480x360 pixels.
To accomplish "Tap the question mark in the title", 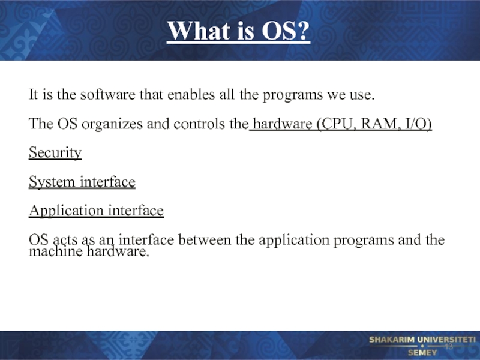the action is coord(303,31).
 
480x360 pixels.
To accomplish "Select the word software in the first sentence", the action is coord(107,94).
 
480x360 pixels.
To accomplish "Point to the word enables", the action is coord(191,94).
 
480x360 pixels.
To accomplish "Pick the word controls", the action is coord(199,124).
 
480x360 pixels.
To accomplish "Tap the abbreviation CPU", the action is coord(338,124).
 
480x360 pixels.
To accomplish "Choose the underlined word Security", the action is coord(55,152).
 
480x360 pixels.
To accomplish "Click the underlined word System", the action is coord(52,182).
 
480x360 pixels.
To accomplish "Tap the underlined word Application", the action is coord(67,211).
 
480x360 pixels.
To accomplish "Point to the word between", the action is coord(205,239).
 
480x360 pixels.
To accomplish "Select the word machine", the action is coord(56,251).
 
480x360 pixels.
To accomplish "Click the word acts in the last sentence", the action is coord(65,240).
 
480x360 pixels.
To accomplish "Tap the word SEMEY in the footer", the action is coord(422,353).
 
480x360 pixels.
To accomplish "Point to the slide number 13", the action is coord(448,347).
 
